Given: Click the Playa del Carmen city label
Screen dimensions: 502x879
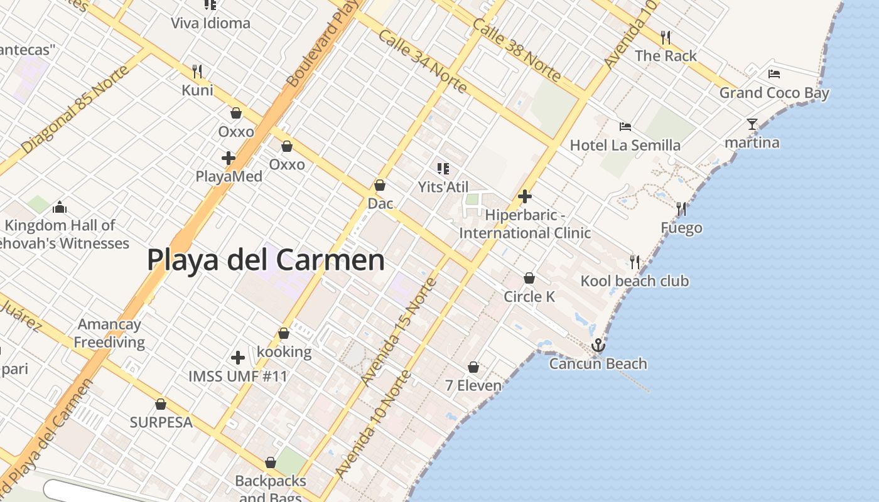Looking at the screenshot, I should tap(266, 260).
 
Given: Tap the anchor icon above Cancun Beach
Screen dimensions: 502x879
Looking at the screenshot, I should tap(598, 345).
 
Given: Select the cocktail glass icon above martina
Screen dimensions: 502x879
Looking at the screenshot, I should tap(752, 124).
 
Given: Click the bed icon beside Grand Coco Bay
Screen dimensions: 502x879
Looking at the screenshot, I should tap(774, 74).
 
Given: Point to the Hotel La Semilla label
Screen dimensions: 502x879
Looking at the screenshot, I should tap(625, 146).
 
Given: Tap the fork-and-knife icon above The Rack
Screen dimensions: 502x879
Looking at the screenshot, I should tap(666, 38).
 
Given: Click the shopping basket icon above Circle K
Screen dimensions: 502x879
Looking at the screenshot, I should tap(529, 278).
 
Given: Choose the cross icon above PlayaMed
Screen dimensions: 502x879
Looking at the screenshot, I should tap(229, 158).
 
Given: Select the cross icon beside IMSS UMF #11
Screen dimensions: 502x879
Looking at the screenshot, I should tap(238, 358).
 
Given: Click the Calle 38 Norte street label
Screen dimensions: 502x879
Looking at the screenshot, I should tap(516, 50).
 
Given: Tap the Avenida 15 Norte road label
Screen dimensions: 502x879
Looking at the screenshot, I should tap(399, 331).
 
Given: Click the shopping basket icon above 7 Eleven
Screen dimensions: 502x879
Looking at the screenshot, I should tap(473, 367).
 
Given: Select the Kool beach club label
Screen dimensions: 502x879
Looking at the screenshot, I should tap(634, 281).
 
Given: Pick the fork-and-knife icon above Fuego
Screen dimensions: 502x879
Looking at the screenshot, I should tap(681, 208).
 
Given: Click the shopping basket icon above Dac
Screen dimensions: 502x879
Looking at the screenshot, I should tap(379, 186).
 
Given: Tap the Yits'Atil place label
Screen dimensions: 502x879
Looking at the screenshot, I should tap(443, 187).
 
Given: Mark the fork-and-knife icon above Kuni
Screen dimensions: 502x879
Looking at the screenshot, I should tap(197, 71).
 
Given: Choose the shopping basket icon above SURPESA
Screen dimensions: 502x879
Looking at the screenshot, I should tap(161, 404).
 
